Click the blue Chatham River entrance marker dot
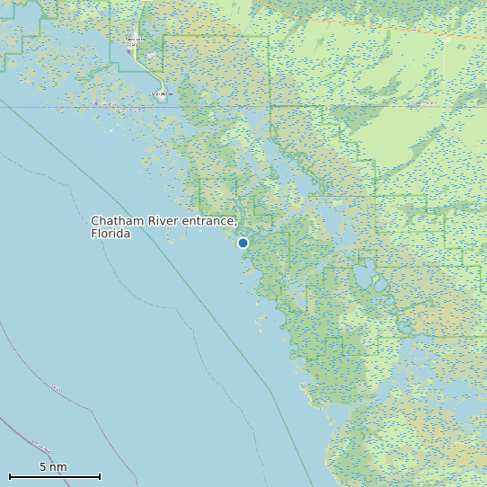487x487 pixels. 243,243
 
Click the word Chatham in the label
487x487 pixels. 117,221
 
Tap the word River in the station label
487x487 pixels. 162,221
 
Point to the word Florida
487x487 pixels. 111,234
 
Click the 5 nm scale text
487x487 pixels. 53,467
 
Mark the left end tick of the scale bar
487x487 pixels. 9,476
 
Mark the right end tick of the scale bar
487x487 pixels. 100,476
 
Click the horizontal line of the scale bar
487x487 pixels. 54,476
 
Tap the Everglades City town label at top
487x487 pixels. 134,40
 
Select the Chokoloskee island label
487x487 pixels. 161,93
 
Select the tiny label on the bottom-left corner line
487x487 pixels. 40,446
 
